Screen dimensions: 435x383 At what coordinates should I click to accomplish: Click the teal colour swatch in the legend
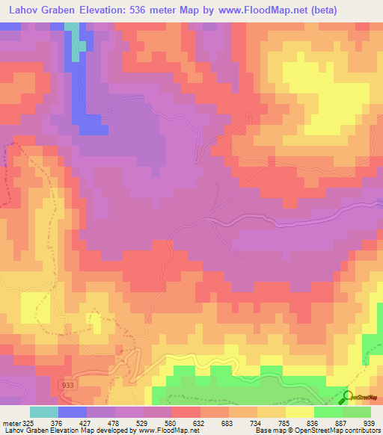click(x=43, y=412)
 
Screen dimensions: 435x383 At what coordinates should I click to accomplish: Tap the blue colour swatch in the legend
click(x=72, y=412)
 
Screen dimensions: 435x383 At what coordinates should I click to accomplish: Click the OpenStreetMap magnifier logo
click(x=349, y=398)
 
